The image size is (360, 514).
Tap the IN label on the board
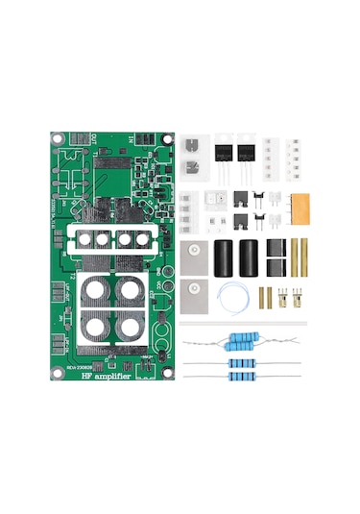pyautogui.click(x=131, y=140)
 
